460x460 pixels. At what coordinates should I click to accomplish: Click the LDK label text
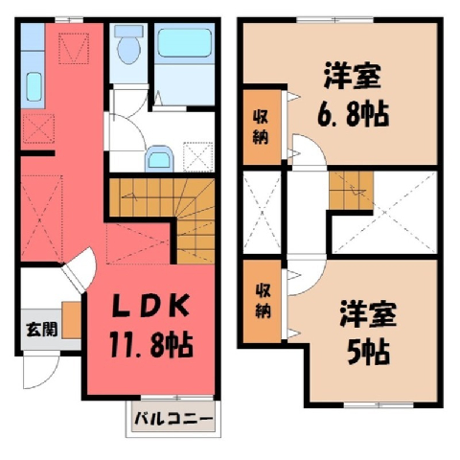[x=150, y=306]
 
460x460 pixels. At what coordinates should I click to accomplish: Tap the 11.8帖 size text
[x=151, y=345]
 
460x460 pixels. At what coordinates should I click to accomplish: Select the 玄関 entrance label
[x=41, y=330]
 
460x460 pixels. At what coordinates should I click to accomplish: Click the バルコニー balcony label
[x=173, y=419]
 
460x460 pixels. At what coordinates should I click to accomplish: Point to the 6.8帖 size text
[x=353, y=114]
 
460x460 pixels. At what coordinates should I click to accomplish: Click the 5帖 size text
[x=368, y=353]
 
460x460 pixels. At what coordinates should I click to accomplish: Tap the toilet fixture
[x=128, y=45]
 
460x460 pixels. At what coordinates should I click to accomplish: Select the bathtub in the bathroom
[x=185, y=43]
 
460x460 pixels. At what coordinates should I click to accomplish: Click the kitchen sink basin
[x=34, y=87]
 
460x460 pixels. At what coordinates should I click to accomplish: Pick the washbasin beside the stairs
[x=159, y=159]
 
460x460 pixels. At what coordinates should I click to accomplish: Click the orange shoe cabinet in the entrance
[x=71, y=320]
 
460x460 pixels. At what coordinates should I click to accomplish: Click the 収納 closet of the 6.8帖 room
[x=262, y=127]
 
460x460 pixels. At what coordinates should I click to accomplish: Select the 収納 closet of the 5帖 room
[x=263, y=301]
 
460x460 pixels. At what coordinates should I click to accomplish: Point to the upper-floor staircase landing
[x=307, y=212]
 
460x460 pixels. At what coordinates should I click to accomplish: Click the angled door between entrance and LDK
[x=80, y=270]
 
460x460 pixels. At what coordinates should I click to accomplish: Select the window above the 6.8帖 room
[x=335, y=20]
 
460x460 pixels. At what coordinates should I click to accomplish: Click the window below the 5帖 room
[x=379, y=404]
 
